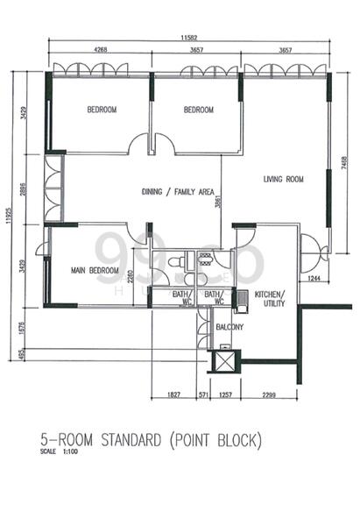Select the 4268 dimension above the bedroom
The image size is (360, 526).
(x=101, y=51)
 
